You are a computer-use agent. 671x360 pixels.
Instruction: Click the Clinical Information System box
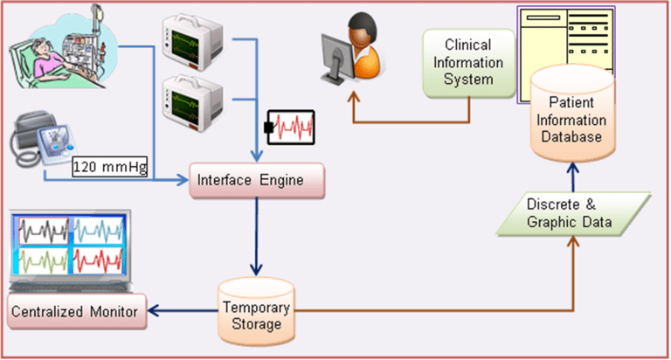467,61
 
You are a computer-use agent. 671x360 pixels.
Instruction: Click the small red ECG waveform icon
288,128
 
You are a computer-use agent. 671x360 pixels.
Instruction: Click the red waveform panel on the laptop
96,260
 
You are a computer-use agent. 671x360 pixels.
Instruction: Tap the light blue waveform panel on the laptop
96,232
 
